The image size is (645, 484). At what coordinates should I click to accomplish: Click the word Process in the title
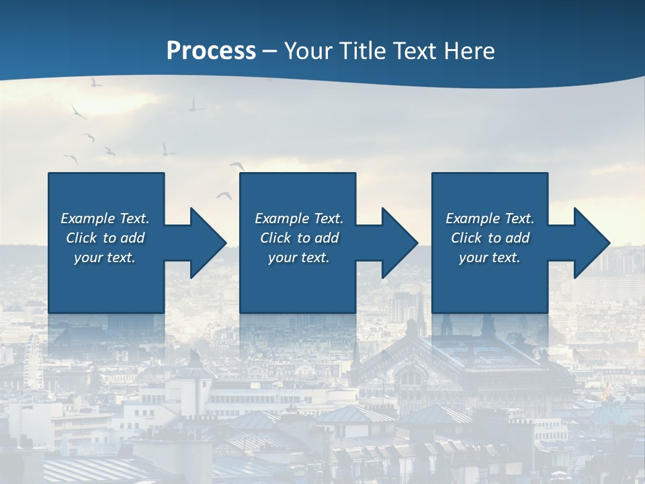(211, 51)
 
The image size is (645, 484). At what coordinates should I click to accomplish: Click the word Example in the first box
(88, 218)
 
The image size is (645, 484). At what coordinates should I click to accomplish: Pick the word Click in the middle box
(276, 238)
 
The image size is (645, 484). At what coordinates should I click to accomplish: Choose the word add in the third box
(517, 238)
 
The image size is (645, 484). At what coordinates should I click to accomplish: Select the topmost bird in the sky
(96, 82)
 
